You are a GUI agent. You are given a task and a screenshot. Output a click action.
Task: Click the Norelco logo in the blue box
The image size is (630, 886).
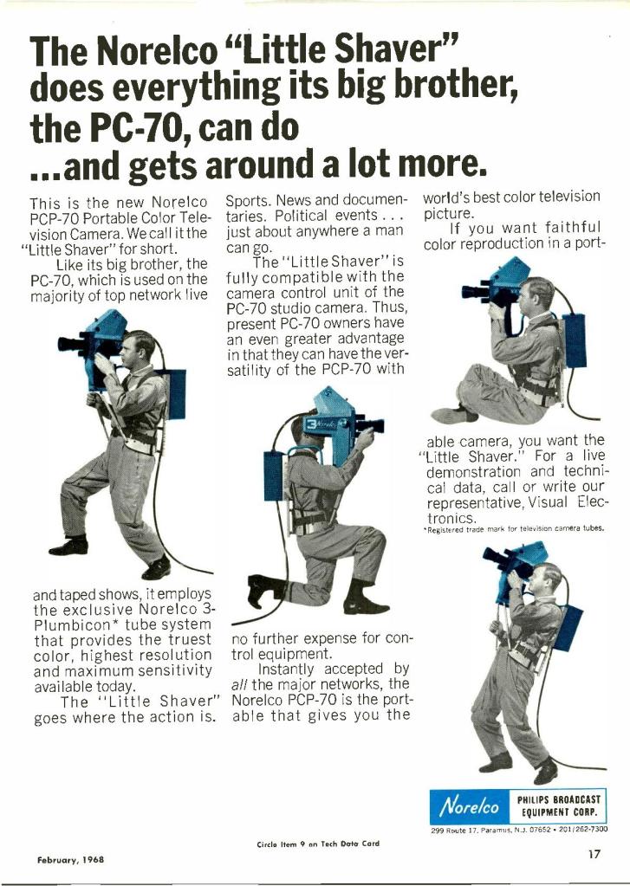(x=470, y=805)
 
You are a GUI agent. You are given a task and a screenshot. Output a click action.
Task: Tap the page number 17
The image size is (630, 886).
(x=594, y=854)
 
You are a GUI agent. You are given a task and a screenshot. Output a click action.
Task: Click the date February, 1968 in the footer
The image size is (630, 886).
(x=71, y=859)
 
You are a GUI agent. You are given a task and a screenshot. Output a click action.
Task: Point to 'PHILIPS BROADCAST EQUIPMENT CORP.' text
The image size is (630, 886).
(x=558, y=805)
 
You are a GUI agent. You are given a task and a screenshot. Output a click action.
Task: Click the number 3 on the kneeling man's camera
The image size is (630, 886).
(x=312, y=424)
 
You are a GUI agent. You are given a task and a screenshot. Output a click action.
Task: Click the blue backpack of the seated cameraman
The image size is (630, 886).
(x=575, y=340)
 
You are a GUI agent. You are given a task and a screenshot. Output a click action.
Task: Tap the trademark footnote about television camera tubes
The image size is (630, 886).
(x=514, y=529)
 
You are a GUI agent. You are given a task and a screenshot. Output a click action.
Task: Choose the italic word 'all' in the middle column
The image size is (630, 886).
(x=238, y=685)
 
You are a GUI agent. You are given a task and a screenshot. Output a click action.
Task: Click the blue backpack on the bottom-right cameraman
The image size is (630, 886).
(x=568, y=628)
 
